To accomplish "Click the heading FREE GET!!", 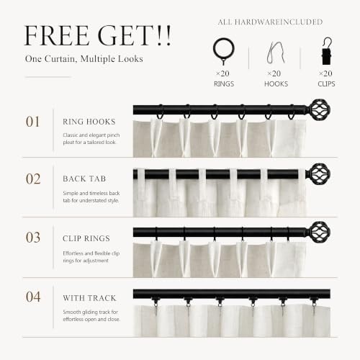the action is (98, 35).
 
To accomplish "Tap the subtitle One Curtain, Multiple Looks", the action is (84, 59).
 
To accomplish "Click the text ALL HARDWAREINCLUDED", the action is (270, 22).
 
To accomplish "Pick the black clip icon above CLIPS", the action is (327, 51).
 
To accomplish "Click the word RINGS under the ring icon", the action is (224, 84).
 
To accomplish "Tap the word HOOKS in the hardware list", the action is (276, 84).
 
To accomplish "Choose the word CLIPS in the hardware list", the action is (326, 84).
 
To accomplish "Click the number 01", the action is (32, 122).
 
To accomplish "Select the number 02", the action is (33, 179).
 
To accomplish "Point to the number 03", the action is (33, 238).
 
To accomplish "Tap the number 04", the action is (33, 297).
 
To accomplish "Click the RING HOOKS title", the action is (89, 122).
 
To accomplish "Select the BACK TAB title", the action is (84, 179).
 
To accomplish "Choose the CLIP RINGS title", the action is (86, 238).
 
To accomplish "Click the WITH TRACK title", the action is (89, 298).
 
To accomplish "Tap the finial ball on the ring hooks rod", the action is (320, 109).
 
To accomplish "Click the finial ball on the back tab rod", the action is (320, 174).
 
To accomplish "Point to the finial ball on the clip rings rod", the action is (320, 232).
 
